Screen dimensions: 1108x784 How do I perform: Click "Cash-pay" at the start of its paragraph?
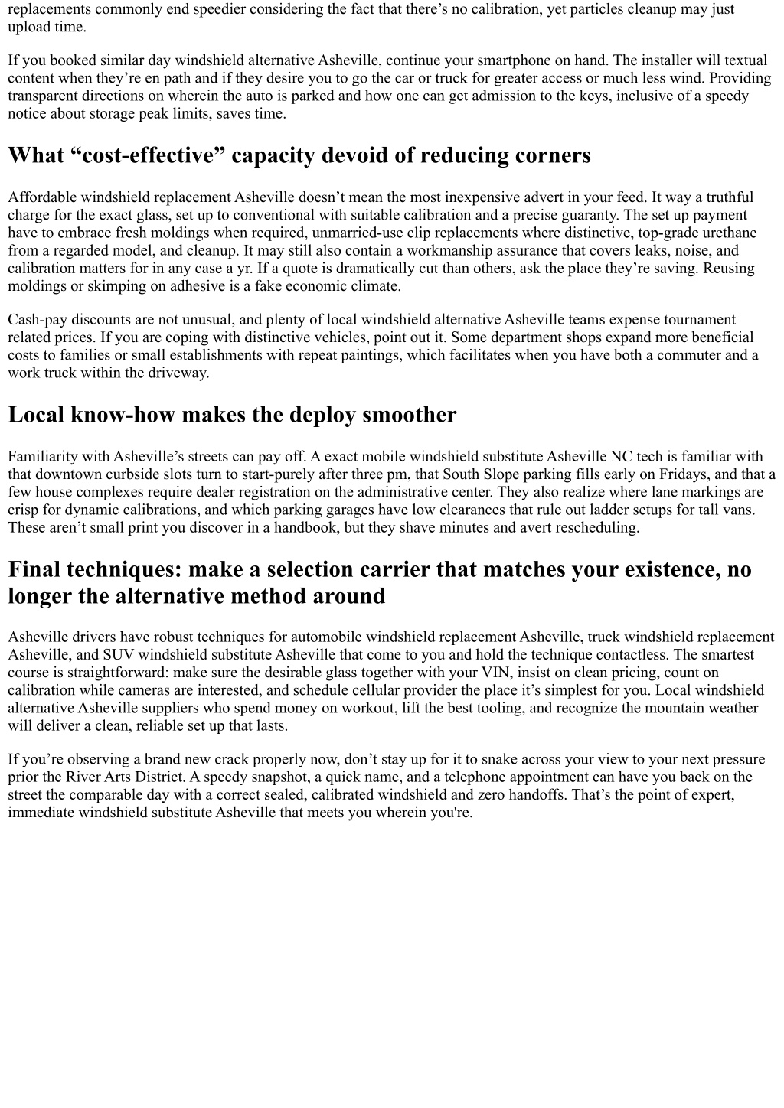pyautogui.click(x=36, y=320)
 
